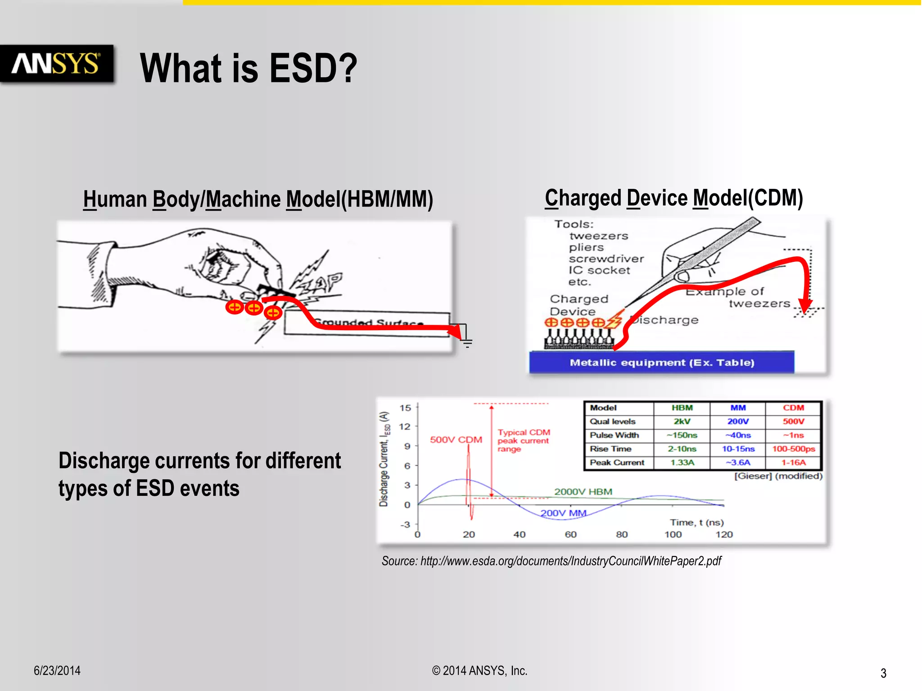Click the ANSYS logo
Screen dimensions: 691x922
coord(56,64)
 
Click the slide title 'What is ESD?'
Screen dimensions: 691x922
coord(249,68)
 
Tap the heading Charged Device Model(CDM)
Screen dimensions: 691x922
coord(674,198)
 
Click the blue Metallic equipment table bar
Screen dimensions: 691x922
coord(661,363)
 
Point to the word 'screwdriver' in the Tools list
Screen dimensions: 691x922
coord(606,259)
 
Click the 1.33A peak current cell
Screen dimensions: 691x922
coord(682,462)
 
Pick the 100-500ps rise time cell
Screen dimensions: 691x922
coord(793,449)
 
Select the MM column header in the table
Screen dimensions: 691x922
coord(737,408)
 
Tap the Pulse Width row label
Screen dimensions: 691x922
coord(614,435)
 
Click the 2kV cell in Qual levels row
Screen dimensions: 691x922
coord(682,422)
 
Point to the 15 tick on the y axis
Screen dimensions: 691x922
coord(405,408)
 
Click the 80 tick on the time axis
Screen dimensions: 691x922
coord(622,534)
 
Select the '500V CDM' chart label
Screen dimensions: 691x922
coord(456,440)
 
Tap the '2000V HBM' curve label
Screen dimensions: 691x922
coord(583,492)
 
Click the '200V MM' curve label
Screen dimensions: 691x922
coord(563,513)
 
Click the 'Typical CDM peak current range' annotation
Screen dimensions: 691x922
coord(523,440)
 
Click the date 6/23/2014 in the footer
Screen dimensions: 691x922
coord(57,671)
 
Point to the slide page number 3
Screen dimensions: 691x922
coord(883,673)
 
